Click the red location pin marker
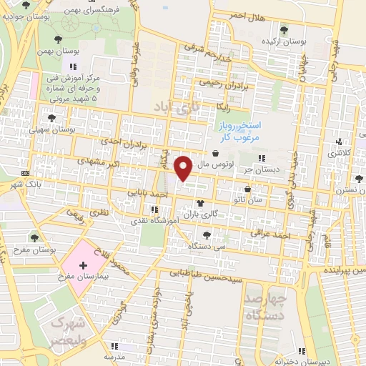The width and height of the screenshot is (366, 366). tap(183, 168)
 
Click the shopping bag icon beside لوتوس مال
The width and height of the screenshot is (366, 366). tap(215, 153)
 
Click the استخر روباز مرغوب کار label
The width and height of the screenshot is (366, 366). tap(241, 129)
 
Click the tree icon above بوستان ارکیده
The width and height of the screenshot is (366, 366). tap(285, 30)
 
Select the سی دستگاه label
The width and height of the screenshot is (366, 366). tap(202, 245)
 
